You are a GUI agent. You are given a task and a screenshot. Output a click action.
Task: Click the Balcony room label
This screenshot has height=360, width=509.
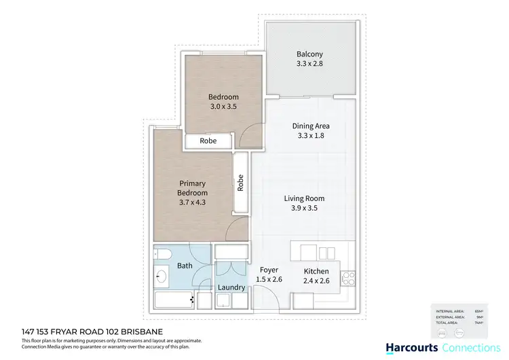(309, 54)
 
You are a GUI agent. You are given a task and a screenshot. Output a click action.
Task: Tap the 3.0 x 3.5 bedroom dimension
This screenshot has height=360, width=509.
(223, 107)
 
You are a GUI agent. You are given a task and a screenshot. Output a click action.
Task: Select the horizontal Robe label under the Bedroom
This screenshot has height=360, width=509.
(209, 142)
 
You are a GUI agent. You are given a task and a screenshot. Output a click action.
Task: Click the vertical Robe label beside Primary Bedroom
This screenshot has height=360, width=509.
(240, 182)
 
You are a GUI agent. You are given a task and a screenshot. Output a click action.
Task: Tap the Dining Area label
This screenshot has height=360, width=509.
(311, 126)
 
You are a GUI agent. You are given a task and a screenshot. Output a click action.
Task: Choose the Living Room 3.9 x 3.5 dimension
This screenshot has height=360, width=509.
(304, 209)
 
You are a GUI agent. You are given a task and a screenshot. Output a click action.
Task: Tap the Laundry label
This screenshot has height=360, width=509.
(231, 287)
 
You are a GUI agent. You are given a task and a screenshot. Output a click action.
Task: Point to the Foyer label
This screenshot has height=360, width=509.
(269, 270)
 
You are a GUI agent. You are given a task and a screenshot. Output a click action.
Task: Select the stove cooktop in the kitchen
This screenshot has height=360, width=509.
(349, 277)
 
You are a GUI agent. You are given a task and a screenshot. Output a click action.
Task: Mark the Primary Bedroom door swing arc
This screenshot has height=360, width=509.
(235, 230)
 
